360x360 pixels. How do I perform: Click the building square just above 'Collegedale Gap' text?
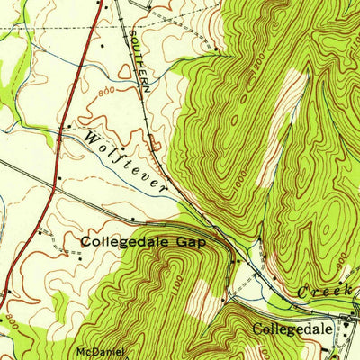click(x=132, y=219)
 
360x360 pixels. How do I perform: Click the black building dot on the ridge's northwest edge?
click(x=216, y=47)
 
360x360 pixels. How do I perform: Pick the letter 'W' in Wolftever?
click(x=93, y=137)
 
